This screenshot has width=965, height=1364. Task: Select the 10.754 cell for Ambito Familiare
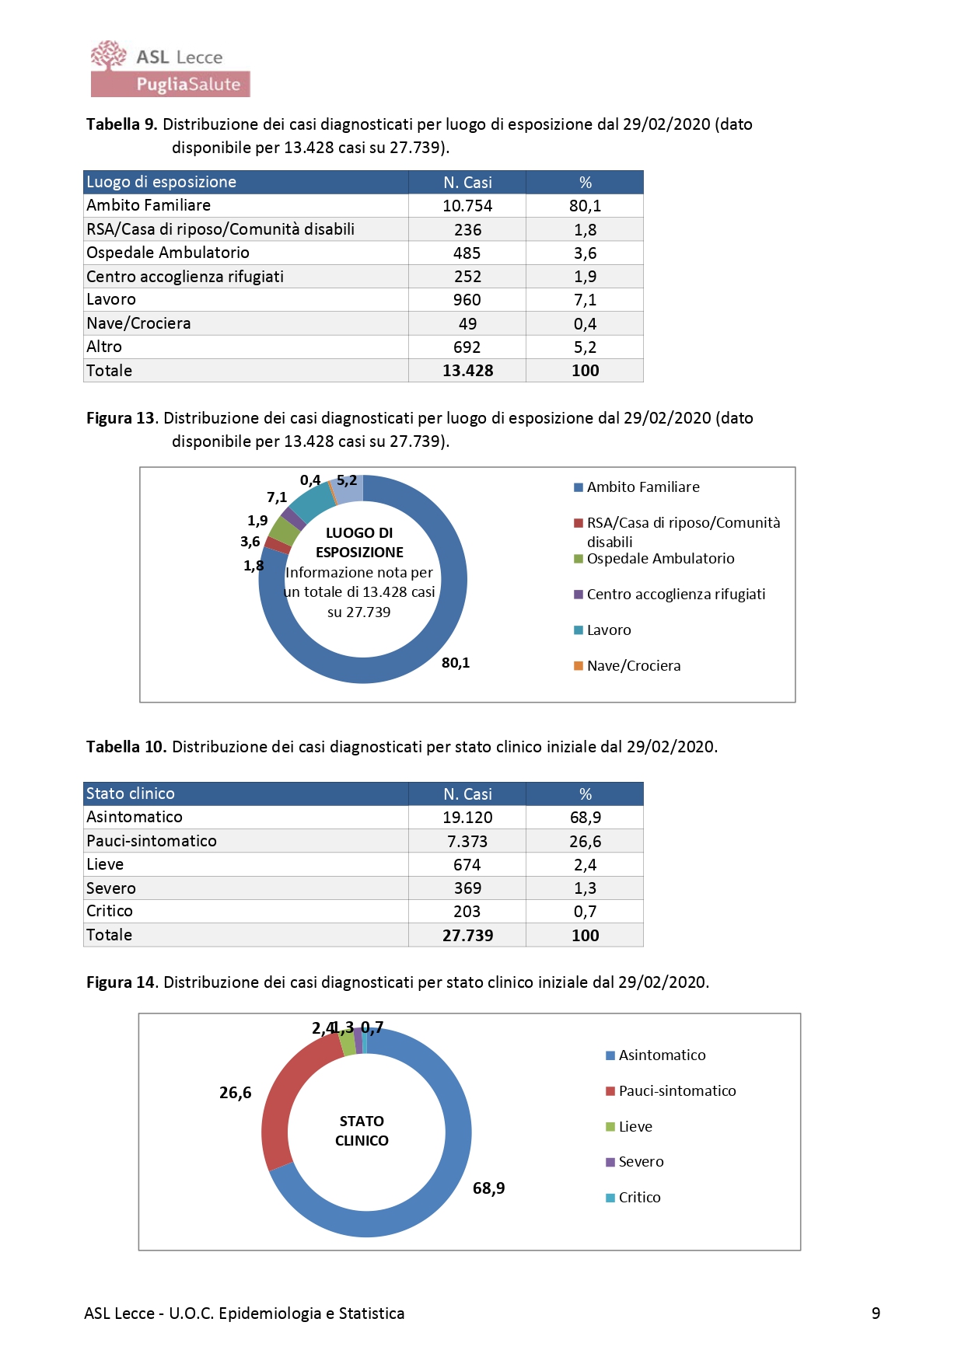(467, 206)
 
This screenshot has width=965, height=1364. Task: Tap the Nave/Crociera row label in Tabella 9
(138, 323)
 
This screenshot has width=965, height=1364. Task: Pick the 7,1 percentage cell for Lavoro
(585, 300)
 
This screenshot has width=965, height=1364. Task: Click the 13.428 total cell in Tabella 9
(467, 371)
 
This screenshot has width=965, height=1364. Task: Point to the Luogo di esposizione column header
(161, 182)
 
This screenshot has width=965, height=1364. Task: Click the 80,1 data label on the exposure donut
(456, 663)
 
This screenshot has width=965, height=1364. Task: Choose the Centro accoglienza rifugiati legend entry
(675, 595)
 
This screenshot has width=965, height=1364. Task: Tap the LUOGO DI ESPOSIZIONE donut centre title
(359, 542)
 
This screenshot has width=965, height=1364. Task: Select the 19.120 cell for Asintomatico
(467, 818)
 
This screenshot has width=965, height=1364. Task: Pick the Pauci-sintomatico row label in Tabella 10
(152, 841)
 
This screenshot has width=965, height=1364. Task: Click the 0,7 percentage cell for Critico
(585, 912)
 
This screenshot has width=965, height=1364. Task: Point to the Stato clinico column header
(131, 794)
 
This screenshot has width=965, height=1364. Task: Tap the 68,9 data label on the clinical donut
(488, 1188)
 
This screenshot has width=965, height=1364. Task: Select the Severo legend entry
(640, 1162)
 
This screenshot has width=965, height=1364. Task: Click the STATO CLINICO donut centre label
(362, 1131)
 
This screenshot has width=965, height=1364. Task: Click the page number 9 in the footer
(876, 1313)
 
